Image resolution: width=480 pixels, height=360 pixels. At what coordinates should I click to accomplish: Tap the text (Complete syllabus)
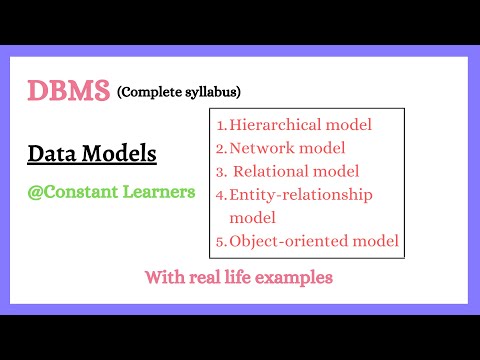[179, 93]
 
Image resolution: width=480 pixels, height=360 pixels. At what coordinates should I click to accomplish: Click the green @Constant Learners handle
[111, 190]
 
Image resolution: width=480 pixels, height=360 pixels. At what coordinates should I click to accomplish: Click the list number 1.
[221, 125]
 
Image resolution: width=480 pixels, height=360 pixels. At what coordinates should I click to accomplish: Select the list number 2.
[221, 148]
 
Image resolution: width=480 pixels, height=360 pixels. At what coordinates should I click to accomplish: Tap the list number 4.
[221, 194]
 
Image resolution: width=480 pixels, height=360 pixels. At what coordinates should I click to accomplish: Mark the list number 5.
[221, 240]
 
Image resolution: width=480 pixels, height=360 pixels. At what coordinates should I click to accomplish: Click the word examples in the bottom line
[297, 277]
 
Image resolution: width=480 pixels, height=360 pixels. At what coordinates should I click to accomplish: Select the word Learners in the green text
[160, 190]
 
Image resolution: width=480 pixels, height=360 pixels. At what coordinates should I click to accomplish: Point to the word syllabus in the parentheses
[209, 93]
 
